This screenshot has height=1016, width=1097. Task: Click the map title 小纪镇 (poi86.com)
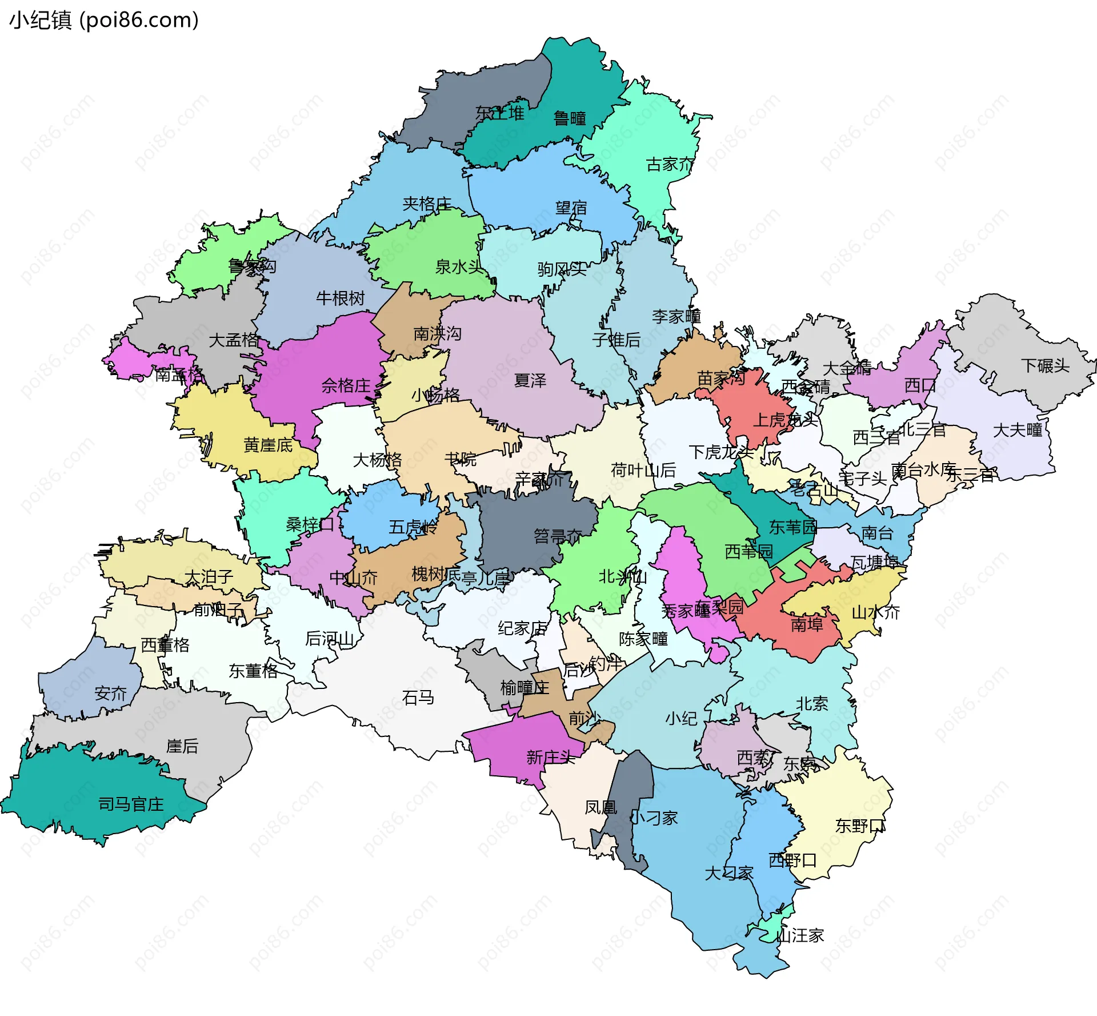104,21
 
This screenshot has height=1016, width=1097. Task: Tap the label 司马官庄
131,804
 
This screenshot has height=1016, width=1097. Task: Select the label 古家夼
670,165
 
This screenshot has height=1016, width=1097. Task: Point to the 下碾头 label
1045,365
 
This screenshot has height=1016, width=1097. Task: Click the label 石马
418,698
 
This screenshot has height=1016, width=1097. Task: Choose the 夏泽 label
530,380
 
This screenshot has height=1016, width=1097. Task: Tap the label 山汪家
799,935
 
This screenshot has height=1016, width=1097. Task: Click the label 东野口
860,826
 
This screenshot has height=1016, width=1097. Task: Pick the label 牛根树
340,298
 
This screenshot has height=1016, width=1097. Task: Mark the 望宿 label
571,208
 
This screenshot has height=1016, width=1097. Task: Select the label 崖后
182,746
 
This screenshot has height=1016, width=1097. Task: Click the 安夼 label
110,694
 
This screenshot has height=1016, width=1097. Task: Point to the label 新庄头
550,758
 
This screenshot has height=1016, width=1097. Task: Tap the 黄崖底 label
268,445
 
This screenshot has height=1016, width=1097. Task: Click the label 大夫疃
1018,430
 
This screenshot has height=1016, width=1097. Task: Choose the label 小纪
680,718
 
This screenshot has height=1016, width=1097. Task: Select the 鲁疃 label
570,118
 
